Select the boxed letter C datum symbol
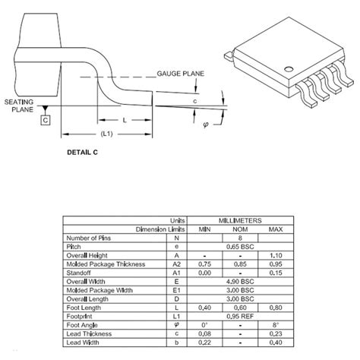(x=46, y=121)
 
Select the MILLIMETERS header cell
(x=240, y=219)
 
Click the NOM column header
(x=241, y=228)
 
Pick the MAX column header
(x=276, y=228)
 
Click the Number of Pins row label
(x=91, y=237)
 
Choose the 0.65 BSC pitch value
(x=241, y=246)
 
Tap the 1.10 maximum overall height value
(x=276, y=255)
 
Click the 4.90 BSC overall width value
(x=241, y=280)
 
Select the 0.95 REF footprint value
(x=241, y=315)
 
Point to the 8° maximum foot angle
(x=276, y=324)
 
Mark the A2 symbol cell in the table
(x=177, y=264)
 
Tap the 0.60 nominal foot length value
(x=241, y=307)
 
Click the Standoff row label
(x=80, y=272)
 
